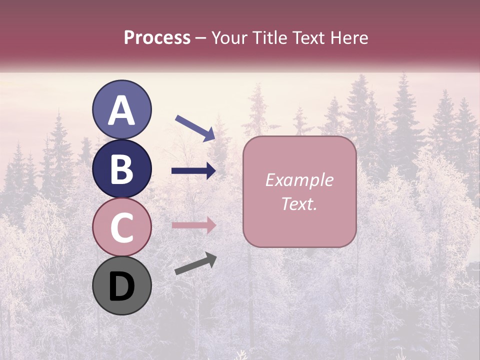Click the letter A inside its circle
tap(122, 111)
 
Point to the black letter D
tap(122, 287)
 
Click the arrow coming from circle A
tap(195, 127)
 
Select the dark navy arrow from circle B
tap(193, 171)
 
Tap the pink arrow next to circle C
tap(193, 225)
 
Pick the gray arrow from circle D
tap(195, 263)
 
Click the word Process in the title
tap(157, 38)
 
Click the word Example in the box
tap(299, 180)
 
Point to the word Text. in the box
tap(299, 203)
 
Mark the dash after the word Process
tap(201, 38)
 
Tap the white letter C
tap(122, 228)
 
